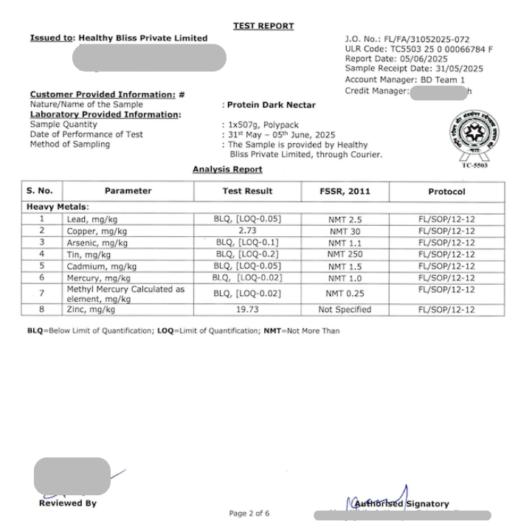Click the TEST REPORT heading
pyautogui.click(x=263, y=26)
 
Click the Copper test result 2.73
pyautogui.click(x=248, y=231)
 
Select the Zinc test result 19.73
pyautogui.click(x=248, y=309)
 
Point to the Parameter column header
pyautogui.click(x=128, y=191)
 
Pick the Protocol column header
pyautogui.click(x=446, y=191)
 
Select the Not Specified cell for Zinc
pyautogui.click(x=345, y=309)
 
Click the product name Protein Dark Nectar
pyautogui.click(x=271, y=105)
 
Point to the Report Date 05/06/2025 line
pyautogui.click(x=396, y=59)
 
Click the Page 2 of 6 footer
pyautogui.click(x=249, y=513)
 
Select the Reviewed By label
pyautogui.click(x=67, y=503)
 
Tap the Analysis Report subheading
pyautogui.click(x=227, y=170)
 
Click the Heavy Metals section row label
pyautogui.click(x=58, y=207)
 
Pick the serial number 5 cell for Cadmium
pyautogui.click(x=42, y=266)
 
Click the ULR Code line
pyautogui.click(x=418, y=49)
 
